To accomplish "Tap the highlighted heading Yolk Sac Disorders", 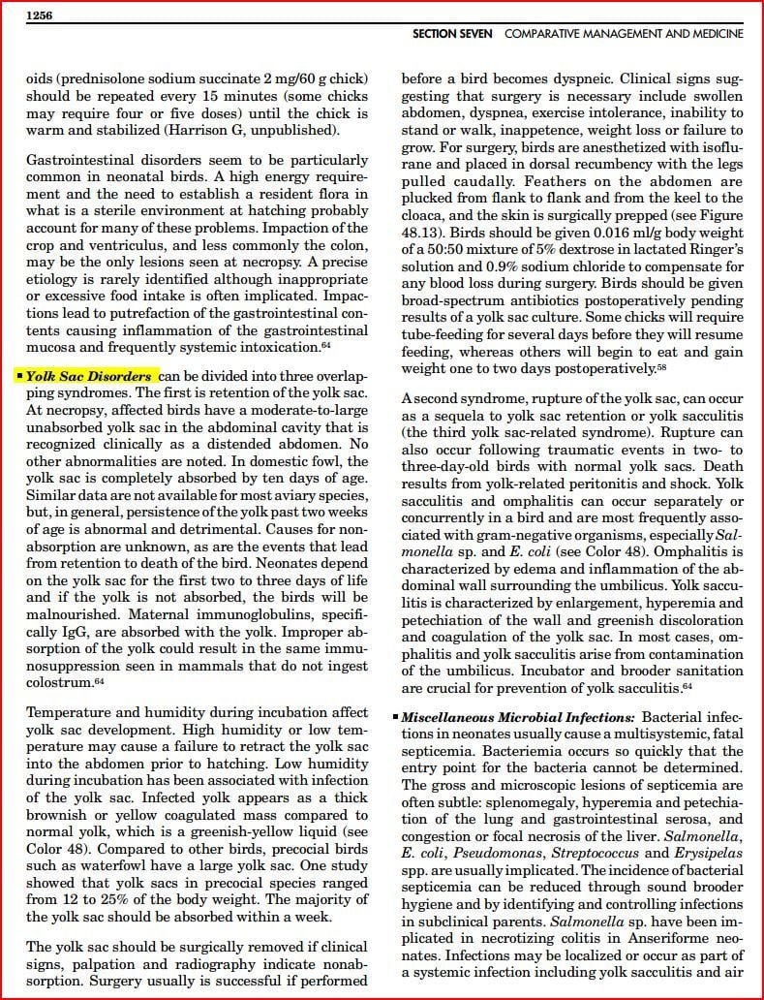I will point(88,376).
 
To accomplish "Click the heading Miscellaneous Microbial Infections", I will point(518,717).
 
